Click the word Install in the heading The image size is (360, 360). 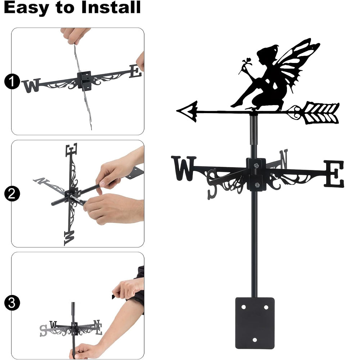(x=111, y=7)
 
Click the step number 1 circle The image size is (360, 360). (x=12, y=81)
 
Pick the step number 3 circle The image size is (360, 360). (x=12, y=303)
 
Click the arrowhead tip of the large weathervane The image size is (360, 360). (x=177, y=111)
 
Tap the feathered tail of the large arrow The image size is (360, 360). (x=321, y=114)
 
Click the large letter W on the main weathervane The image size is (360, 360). (x=184, y=168)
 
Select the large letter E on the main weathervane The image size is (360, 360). (x=334, y=174)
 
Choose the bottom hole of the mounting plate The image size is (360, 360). (x=255, y=340)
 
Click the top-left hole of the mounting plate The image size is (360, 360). (x=243, y=307)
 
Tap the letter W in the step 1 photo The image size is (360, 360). (x=31, y=85)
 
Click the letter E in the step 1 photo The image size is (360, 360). (x=135, y=71)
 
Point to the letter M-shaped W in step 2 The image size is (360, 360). (x=69, y=238)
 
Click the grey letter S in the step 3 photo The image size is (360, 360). (x=43, y=330)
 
